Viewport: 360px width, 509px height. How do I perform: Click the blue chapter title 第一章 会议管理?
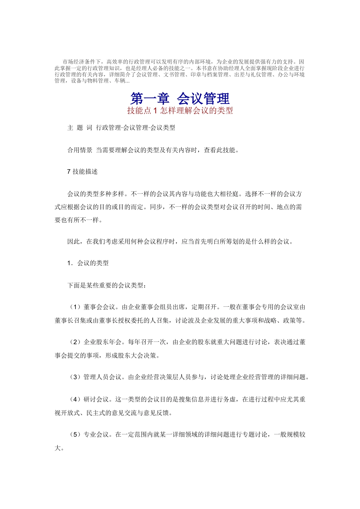coord(180,98)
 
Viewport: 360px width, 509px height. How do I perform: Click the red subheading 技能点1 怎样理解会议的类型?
coord(180,111)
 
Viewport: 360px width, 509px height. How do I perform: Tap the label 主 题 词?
coord(80,128)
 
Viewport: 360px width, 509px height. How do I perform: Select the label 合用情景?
coord(80,150)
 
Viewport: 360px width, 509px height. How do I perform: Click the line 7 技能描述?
coord(82,172)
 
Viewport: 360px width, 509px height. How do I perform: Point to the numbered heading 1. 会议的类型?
coord(88,263)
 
